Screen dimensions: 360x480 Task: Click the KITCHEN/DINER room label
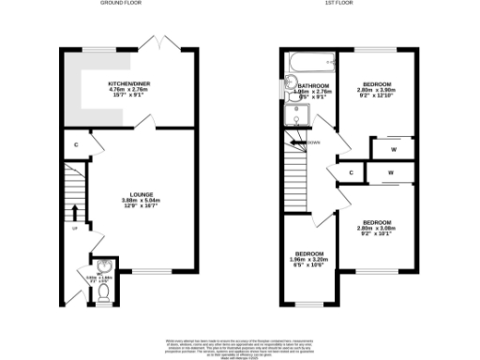127,82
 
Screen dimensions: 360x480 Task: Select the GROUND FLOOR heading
127,4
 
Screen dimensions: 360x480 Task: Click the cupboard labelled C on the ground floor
76,144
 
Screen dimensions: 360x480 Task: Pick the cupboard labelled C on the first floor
351,172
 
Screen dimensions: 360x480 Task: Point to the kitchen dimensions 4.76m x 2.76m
127,89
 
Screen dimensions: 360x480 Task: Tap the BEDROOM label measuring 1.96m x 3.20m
310,253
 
